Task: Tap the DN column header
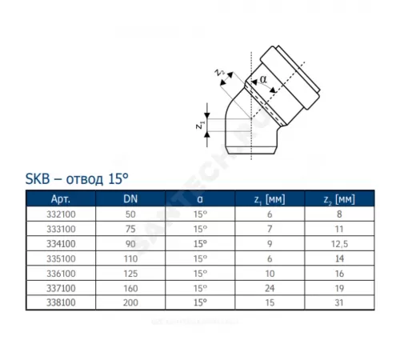click(129, 198)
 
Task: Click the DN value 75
click(129, 230)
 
